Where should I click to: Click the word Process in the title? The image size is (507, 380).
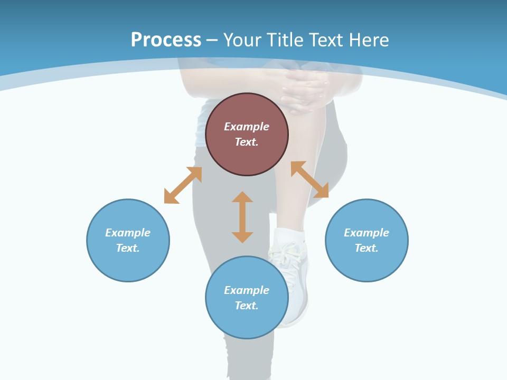tap(166, 40)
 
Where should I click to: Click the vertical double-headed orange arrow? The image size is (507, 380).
tap(242, 217)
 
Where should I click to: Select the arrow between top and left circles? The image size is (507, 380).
tap(183, 185)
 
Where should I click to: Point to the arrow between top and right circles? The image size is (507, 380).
tap(310, 179)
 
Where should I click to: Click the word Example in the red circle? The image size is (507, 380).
tap(247, 127)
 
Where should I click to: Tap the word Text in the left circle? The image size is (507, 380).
tap(128, 248)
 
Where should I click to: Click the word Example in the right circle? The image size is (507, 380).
tap(367, 233)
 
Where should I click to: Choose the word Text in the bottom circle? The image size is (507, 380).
tap(247, 306)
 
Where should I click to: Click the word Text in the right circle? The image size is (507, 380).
tap(367, 248)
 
